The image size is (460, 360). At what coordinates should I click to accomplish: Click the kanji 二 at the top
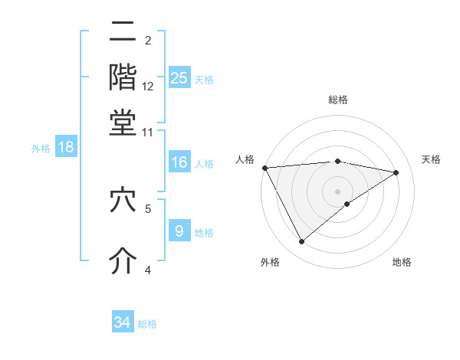click(x=123, y=32)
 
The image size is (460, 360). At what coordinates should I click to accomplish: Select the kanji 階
click(x=123, y=77)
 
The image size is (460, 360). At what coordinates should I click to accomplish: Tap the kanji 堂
click(x=123, y=123)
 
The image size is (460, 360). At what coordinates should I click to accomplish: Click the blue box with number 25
click(x=179, y=78)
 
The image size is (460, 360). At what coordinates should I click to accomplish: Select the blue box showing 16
click(x=179, y=162)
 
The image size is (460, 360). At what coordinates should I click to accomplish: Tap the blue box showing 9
click(x=179, y=231)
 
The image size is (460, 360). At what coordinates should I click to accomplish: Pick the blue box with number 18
click(x=66, y=147)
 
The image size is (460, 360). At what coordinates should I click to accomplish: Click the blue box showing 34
click(x=123, y=322)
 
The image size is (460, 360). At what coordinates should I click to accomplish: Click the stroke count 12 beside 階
click(x=148, y=86)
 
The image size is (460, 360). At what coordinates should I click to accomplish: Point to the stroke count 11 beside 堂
click(x=148, y=132)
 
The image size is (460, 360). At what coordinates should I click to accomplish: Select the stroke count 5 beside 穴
click(x=148, y=208)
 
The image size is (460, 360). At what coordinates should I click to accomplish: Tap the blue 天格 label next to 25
click(x=204, y=79)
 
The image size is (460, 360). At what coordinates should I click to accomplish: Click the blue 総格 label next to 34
click(x=147, y=324)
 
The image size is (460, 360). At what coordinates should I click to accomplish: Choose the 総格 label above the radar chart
click(x=337, y=100)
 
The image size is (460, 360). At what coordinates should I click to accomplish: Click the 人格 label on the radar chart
click(x=245, y=159)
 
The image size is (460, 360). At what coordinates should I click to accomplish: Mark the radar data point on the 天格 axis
click(x=396, y=172)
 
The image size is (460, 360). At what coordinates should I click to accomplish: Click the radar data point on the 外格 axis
click(x=301, y=242)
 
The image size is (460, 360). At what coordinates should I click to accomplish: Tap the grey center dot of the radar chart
click(x=337, y=191)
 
